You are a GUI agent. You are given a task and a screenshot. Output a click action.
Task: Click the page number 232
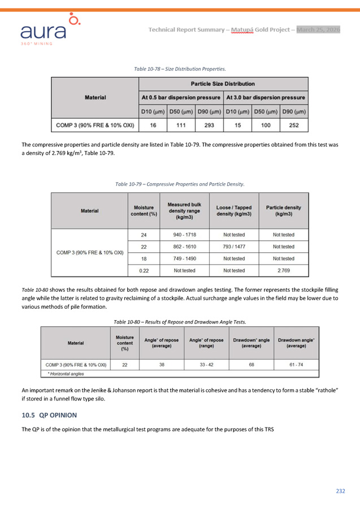[x=340, y=491]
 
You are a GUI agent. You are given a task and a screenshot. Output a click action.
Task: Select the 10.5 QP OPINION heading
[x=49, y=415]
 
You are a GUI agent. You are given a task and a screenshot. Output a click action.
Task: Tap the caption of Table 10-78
[x=180, y=69]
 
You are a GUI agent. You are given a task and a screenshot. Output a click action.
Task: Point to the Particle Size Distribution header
[x=223, y=84]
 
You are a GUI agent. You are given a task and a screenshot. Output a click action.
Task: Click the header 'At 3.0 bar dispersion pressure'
[x=266, y=97]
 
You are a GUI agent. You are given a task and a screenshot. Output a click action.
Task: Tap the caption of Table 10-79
[x=180, y=184]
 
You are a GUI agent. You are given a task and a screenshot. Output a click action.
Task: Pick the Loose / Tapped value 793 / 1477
[x=234, y=247]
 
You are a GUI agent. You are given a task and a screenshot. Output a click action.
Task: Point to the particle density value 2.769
[x=283, y=270]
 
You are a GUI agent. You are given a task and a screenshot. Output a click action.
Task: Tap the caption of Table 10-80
[x=180, y=322]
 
